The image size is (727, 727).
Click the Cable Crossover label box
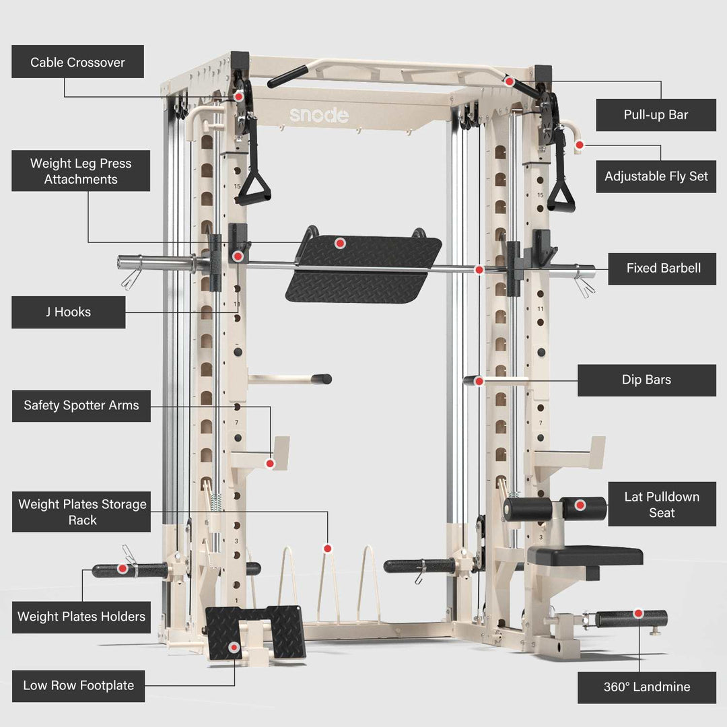[77, 62]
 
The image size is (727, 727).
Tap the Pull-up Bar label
[656, 114]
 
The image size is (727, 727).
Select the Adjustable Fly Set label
[656, 176]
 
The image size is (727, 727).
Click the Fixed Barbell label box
[662, 268]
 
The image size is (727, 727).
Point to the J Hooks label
[68, 312]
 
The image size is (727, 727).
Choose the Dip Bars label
[646, 380]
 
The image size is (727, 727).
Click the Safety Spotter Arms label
[81, 405]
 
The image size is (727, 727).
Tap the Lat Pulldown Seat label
[662, 505]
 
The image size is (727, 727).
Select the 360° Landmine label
[646, 687]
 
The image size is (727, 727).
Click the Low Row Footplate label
[78, 685]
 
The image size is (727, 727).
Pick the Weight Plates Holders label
[81, 617]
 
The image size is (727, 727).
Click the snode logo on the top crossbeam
[319, 115]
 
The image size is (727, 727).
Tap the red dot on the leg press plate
[340, 243]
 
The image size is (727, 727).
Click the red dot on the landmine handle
[638, 614]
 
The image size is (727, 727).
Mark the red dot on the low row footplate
[234, 648]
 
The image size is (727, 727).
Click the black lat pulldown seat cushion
[584, 556]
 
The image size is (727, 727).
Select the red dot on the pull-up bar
[510, 81]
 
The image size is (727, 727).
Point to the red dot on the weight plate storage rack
[327, 549]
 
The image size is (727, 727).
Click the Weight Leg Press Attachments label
[81, 171]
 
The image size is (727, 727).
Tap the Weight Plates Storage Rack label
[82, 512]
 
